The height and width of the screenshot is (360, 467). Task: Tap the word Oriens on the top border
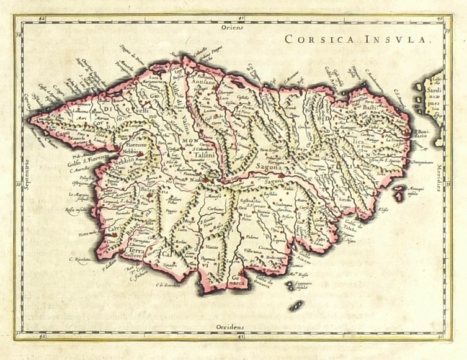pyautogui.click(x=235, y=27)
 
